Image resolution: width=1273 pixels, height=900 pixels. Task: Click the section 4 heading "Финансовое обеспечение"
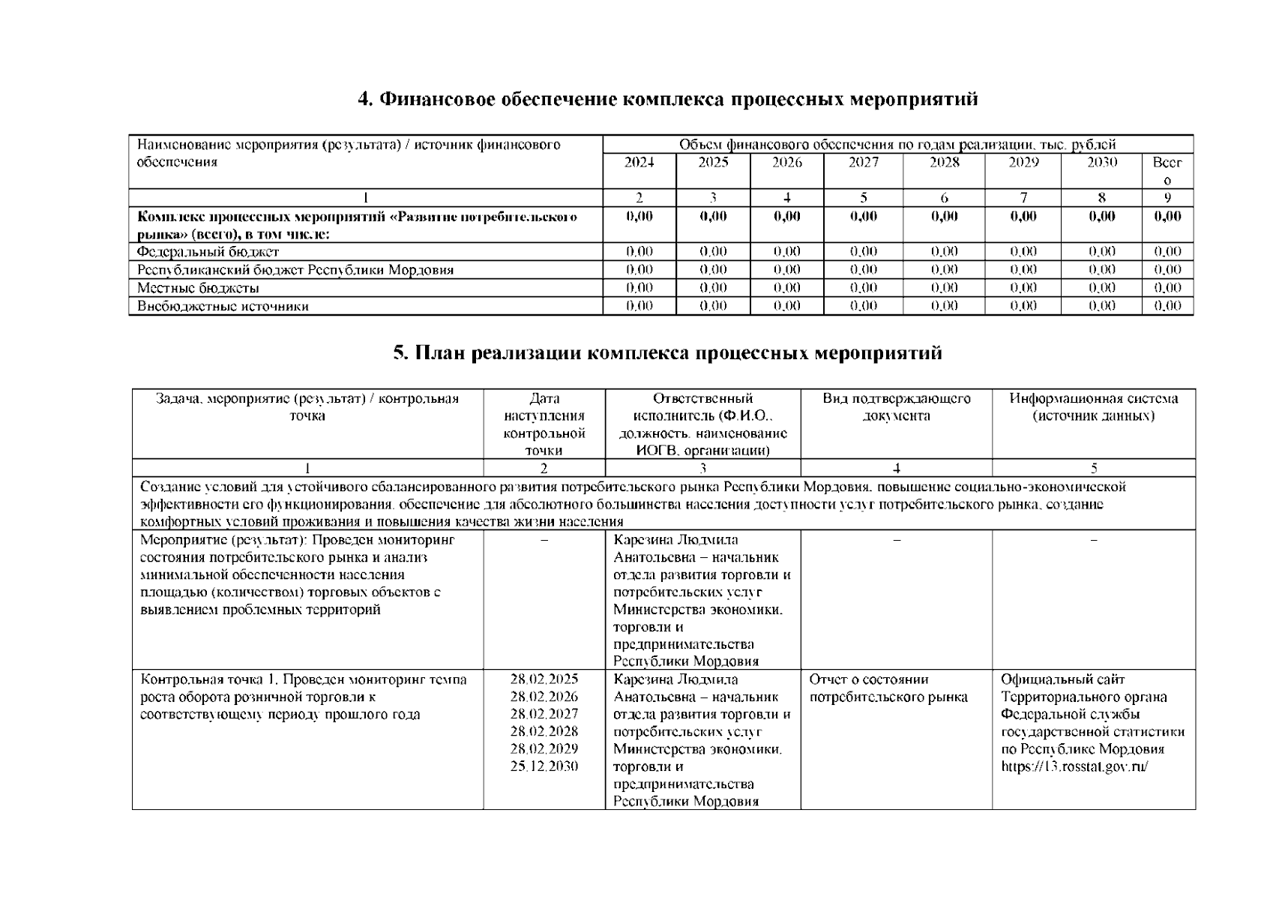667,100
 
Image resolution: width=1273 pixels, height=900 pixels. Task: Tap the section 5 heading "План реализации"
667,353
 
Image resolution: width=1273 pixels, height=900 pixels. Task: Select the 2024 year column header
639,163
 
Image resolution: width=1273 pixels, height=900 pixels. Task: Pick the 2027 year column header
863,163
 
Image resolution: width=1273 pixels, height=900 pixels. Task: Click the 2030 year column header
1101,163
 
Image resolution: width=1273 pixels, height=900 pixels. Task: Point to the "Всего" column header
1167,171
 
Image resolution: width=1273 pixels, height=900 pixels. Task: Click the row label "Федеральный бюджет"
208,252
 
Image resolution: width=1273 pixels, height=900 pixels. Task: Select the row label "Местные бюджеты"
198,288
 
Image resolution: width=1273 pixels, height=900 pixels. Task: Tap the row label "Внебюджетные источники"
223,306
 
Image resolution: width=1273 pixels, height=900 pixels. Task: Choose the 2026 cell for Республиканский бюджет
786,270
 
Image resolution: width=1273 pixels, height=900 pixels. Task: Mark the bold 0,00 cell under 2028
944,217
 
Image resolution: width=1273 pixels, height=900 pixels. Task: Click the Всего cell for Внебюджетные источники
1167,306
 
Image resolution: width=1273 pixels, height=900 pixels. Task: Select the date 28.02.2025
544,679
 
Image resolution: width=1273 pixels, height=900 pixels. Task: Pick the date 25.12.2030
544,766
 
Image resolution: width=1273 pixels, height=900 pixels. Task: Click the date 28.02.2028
544,731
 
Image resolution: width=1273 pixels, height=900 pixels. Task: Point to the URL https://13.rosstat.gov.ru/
1074,766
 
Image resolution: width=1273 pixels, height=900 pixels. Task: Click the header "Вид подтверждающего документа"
896,407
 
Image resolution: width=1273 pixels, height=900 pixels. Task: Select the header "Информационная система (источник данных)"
1093,407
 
